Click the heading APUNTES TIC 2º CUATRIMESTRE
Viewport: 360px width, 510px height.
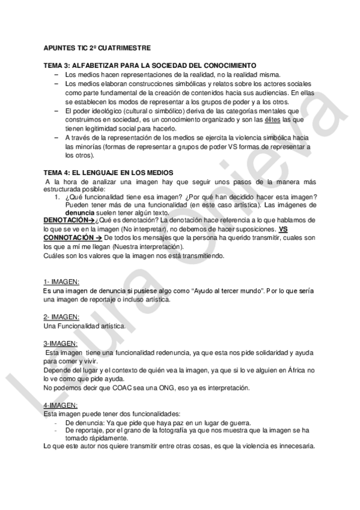pyautogui.click(x=97, y=47)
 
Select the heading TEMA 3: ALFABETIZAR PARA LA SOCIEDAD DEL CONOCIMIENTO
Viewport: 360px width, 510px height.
pyautogui.click(x=150, y=65)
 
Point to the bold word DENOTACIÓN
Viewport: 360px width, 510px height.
pyautogui.click(x=66, y=221)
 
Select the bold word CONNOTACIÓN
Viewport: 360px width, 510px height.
pyautogui.click(x=66, y=238)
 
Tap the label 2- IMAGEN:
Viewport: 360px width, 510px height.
pyautogui.click(x=61, y=317)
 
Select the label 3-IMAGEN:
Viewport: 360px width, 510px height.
pyautogui.click(x=61, y=343)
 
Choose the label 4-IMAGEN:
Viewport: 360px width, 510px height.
pyautogui.click(x=61, y=406)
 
